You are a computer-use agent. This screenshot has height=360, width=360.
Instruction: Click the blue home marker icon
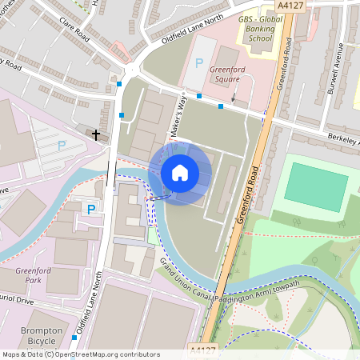[x=180, y=172]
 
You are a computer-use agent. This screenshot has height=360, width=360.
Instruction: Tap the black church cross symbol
[x=97, y=134]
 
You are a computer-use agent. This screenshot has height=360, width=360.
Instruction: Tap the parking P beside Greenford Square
[x=199, y=63]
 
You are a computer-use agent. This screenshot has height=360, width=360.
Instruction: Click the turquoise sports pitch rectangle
[x=316, y=187]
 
